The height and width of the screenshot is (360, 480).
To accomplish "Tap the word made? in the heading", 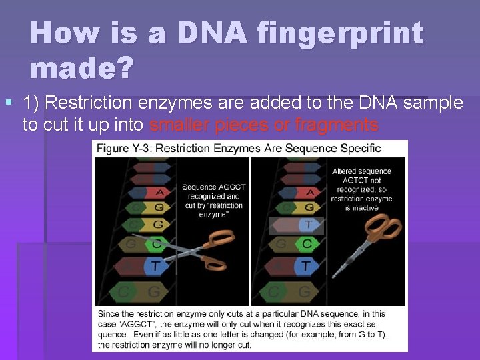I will coord(81,67).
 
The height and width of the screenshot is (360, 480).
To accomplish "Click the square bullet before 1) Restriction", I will coord(8,103).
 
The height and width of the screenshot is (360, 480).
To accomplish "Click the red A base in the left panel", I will coord(158,193).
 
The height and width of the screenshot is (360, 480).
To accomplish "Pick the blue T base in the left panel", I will coord(155,265).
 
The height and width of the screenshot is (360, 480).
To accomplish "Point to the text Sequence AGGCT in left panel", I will coord(213,187).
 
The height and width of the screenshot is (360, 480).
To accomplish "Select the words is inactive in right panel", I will coord(361,208).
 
